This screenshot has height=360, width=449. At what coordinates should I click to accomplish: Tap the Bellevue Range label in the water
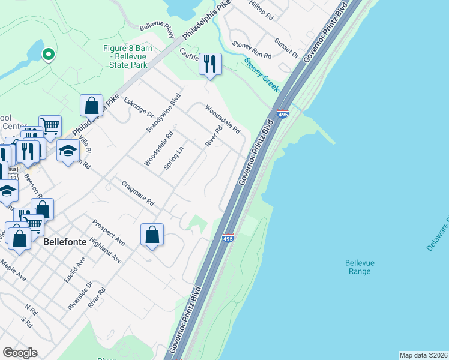358,267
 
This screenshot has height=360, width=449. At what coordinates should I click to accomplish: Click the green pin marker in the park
47,55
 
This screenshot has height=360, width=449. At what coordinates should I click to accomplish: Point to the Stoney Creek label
262,74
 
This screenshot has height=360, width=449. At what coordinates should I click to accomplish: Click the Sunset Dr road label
286,49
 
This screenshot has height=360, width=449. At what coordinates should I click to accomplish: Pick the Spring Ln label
173,158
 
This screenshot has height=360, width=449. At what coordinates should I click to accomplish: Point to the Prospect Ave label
108,232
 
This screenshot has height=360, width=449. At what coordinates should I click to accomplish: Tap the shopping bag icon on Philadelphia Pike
91,106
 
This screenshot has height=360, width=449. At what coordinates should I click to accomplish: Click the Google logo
20,353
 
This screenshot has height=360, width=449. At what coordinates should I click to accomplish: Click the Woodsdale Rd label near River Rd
223,120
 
